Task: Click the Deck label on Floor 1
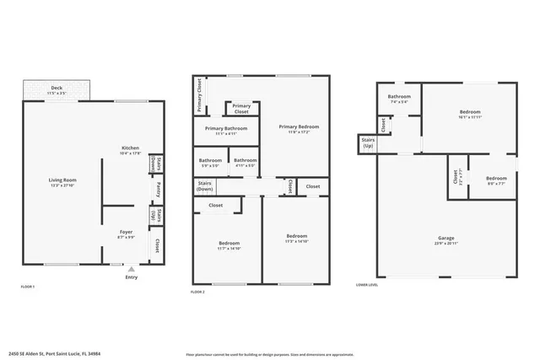[57, 89]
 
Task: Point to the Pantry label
[158, 191]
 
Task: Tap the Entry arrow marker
[131, 269]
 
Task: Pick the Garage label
[446, 239]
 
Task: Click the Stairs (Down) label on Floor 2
[205, 185]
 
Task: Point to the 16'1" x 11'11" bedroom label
[470, 115]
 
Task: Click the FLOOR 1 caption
[28, 287]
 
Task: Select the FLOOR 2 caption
[198, 290]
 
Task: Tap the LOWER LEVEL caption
[367, 286]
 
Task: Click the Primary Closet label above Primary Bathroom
[241, 109]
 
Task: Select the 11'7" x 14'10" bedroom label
[229, 245]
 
